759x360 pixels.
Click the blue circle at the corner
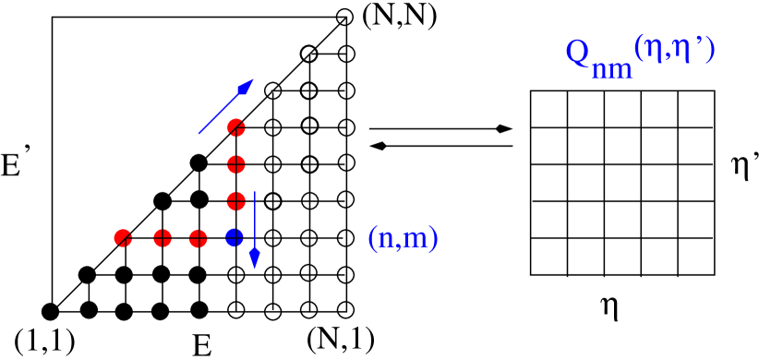(x=235, y=237)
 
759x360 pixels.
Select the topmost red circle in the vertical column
(x=236, y=127)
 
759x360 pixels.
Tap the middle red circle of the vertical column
(x=236, y=164)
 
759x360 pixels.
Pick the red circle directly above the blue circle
(x=236, y=200)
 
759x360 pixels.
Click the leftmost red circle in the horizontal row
(x=123, y=238)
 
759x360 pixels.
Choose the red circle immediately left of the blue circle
(x=199, y=238)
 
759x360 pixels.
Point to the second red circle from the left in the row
(x=163, y=238)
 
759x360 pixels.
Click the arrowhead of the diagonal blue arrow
(x=246, y=87)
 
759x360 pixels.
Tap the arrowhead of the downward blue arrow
(x=255, y=258)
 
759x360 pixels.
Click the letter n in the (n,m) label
(x=386, y=240)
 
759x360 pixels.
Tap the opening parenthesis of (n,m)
(x=372, y=239)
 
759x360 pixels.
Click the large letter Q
(x=578, y=52)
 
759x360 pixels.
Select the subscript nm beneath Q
(x=612, y=69)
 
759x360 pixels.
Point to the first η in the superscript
(x=654, y=48)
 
